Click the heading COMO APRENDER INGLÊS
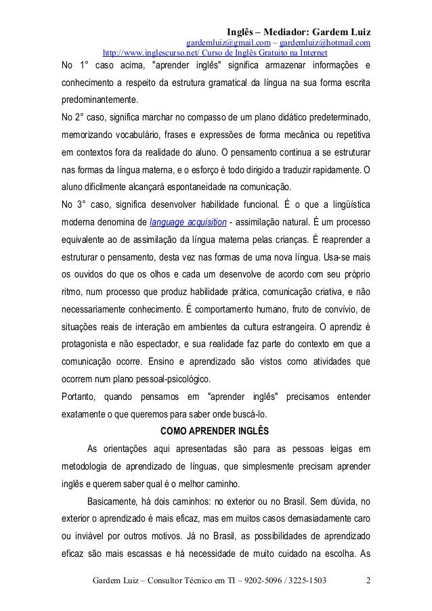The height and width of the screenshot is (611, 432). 215,428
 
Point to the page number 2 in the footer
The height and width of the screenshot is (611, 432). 367,581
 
